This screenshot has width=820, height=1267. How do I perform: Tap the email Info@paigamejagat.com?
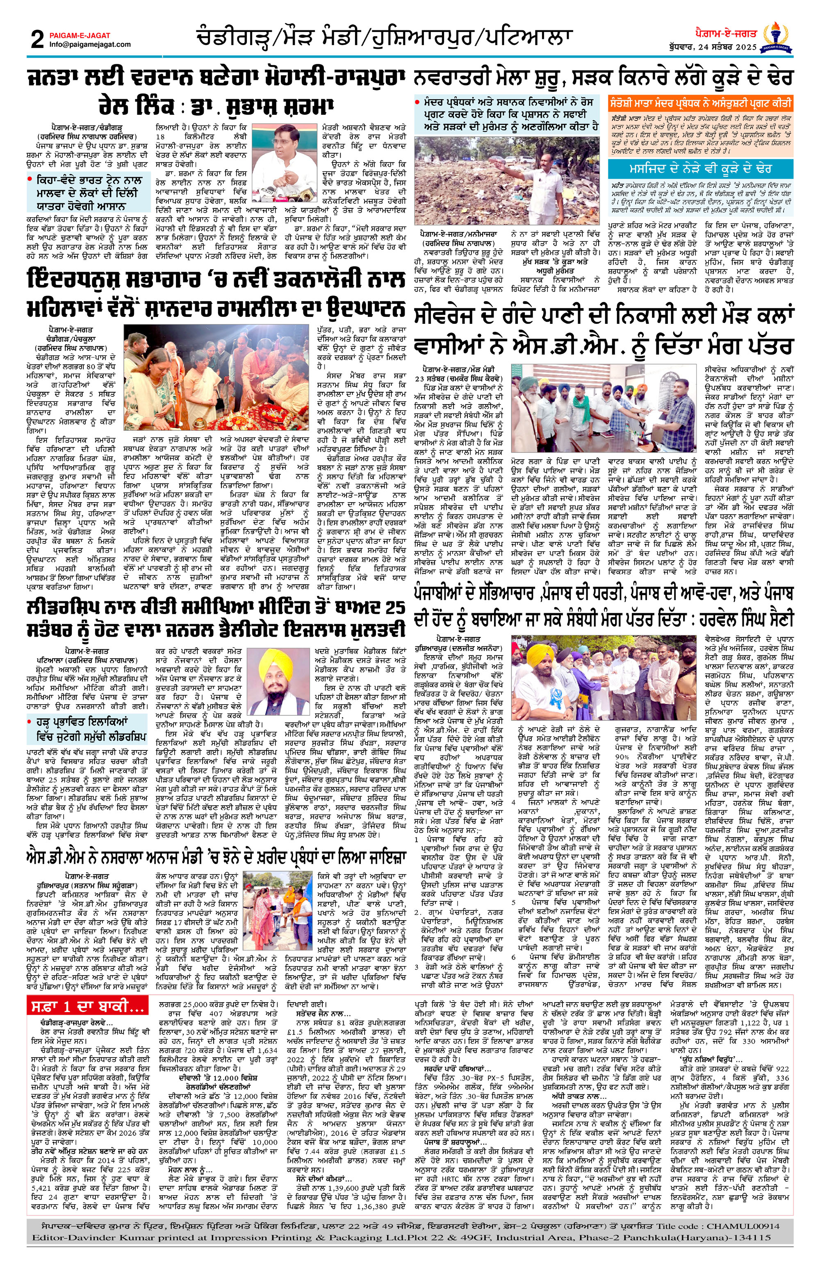(89, 45)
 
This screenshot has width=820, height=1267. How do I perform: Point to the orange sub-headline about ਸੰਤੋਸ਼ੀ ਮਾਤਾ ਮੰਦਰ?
(701, 102)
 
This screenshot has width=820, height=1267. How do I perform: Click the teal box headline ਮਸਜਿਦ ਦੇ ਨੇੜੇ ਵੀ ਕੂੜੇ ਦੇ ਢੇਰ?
(701, 169)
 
